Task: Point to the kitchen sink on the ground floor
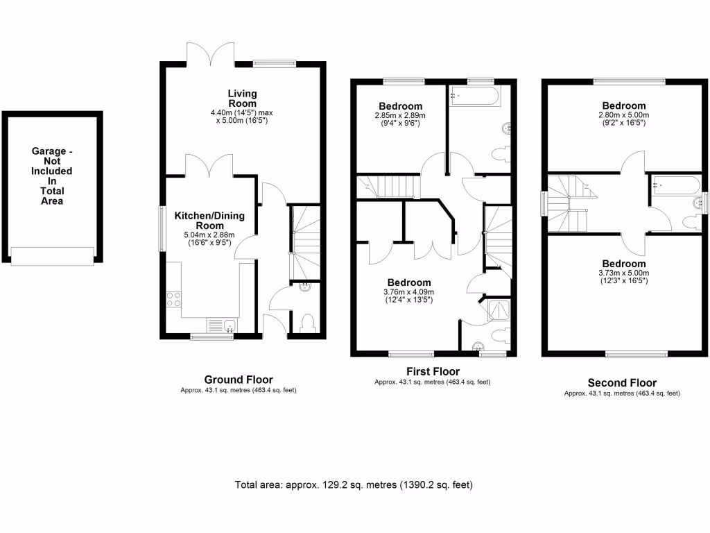(x=222, y=325)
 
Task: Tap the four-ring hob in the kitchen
(x=174, y=299)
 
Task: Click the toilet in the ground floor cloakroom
(x=308, y=322)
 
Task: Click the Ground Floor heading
(x=238, y=380)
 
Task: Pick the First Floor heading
(x=432, y=371)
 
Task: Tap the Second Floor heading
(x=622, y=382)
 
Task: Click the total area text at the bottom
(x=354, y=484)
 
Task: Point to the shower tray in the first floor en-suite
(x=499, y=310)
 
